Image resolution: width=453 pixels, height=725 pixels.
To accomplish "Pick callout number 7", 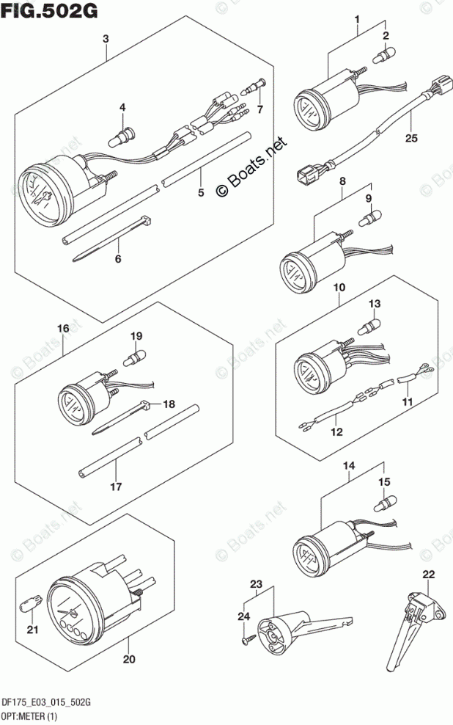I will point(259,109).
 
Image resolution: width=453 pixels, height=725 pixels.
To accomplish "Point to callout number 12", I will point(336,432).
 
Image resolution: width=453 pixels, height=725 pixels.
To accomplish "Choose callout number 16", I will point(64,329).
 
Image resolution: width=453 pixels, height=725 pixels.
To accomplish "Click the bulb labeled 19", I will point(135,358).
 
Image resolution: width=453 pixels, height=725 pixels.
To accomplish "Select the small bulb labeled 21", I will point(31,606).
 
